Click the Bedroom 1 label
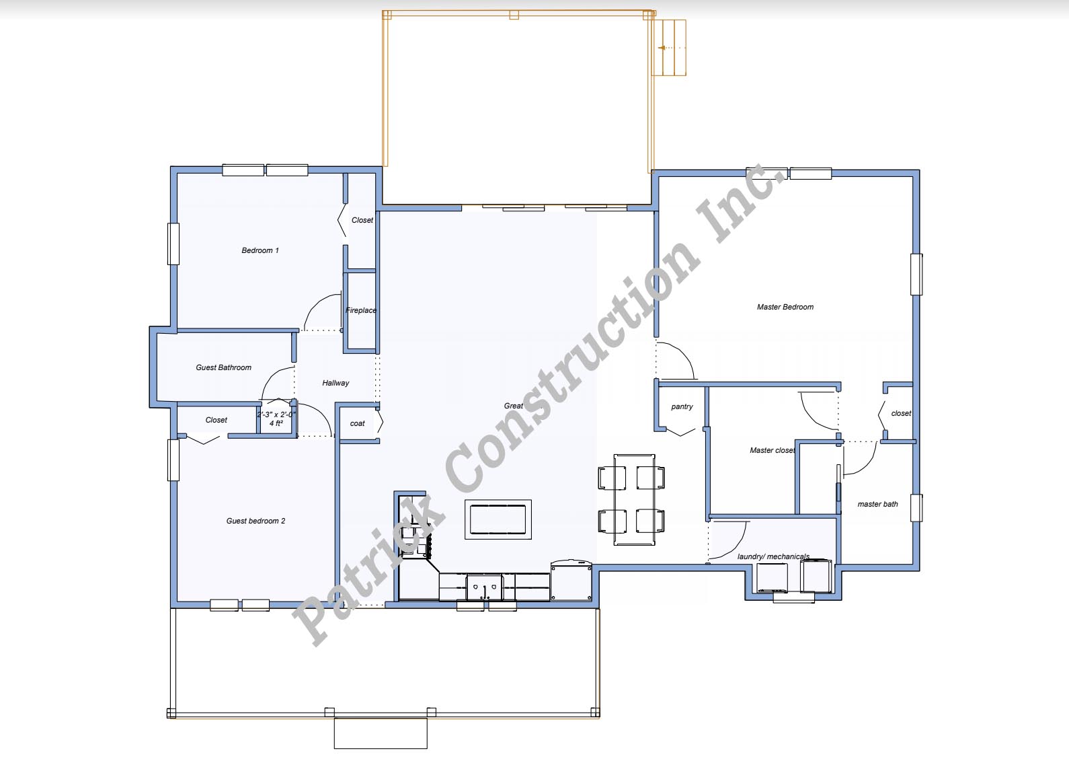260,250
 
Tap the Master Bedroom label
785,307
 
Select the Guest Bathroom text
223,367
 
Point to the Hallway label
335,383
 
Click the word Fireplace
361,310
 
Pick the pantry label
682,407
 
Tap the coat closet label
358,424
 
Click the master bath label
877,504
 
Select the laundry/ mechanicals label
773,556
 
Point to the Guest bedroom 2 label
255,521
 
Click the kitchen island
498,519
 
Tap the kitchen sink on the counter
485,587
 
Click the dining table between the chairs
634,499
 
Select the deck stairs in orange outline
669,48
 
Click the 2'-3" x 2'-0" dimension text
276,414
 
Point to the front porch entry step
381,733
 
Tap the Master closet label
772,450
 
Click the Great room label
514,406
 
